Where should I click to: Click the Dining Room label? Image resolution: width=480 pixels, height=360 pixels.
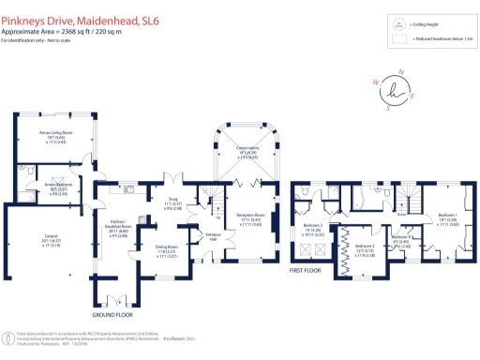pos(166,248)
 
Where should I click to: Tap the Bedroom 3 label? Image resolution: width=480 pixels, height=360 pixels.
pos(314,226)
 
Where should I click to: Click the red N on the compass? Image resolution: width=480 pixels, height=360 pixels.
pos(400,72)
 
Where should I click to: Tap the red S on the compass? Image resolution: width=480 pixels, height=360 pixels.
pos(387,106)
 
